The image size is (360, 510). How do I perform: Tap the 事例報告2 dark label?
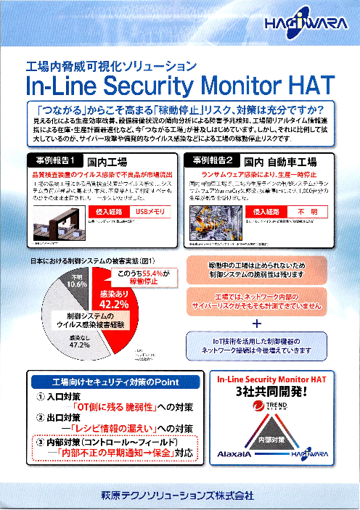click(213, 160)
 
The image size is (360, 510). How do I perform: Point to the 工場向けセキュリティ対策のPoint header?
click(100, 382)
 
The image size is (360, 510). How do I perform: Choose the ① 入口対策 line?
click(60, 398)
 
